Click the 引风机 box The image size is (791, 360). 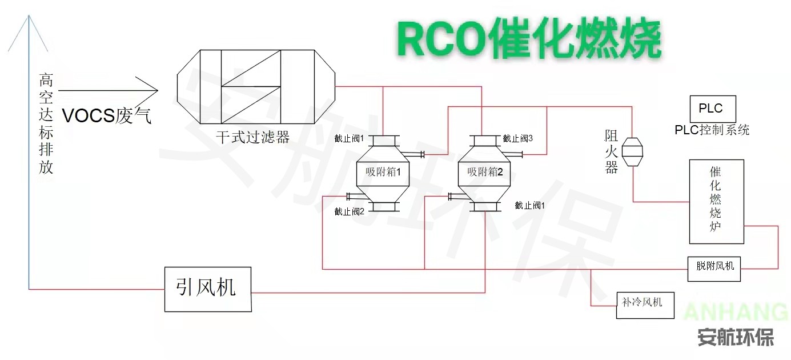coord(208,289)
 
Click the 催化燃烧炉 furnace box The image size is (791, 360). coord(716,201)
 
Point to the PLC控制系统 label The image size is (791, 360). coord(712,130)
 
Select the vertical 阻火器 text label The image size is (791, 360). coord(612,151)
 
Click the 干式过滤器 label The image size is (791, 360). coord(252,137)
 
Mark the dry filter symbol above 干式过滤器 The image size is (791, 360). coord(255,86)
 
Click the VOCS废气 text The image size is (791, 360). coord(107,116)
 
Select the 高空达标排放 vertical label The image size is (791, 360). coord(46,123)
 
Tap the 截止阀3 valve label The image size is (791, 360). coord(517,138)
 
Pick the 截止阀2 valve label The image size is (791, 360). coord(350,211)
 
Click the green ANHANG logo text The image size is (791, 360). coord(736,313)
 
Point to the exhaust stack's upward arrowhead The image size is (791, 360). coord(29,26)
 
